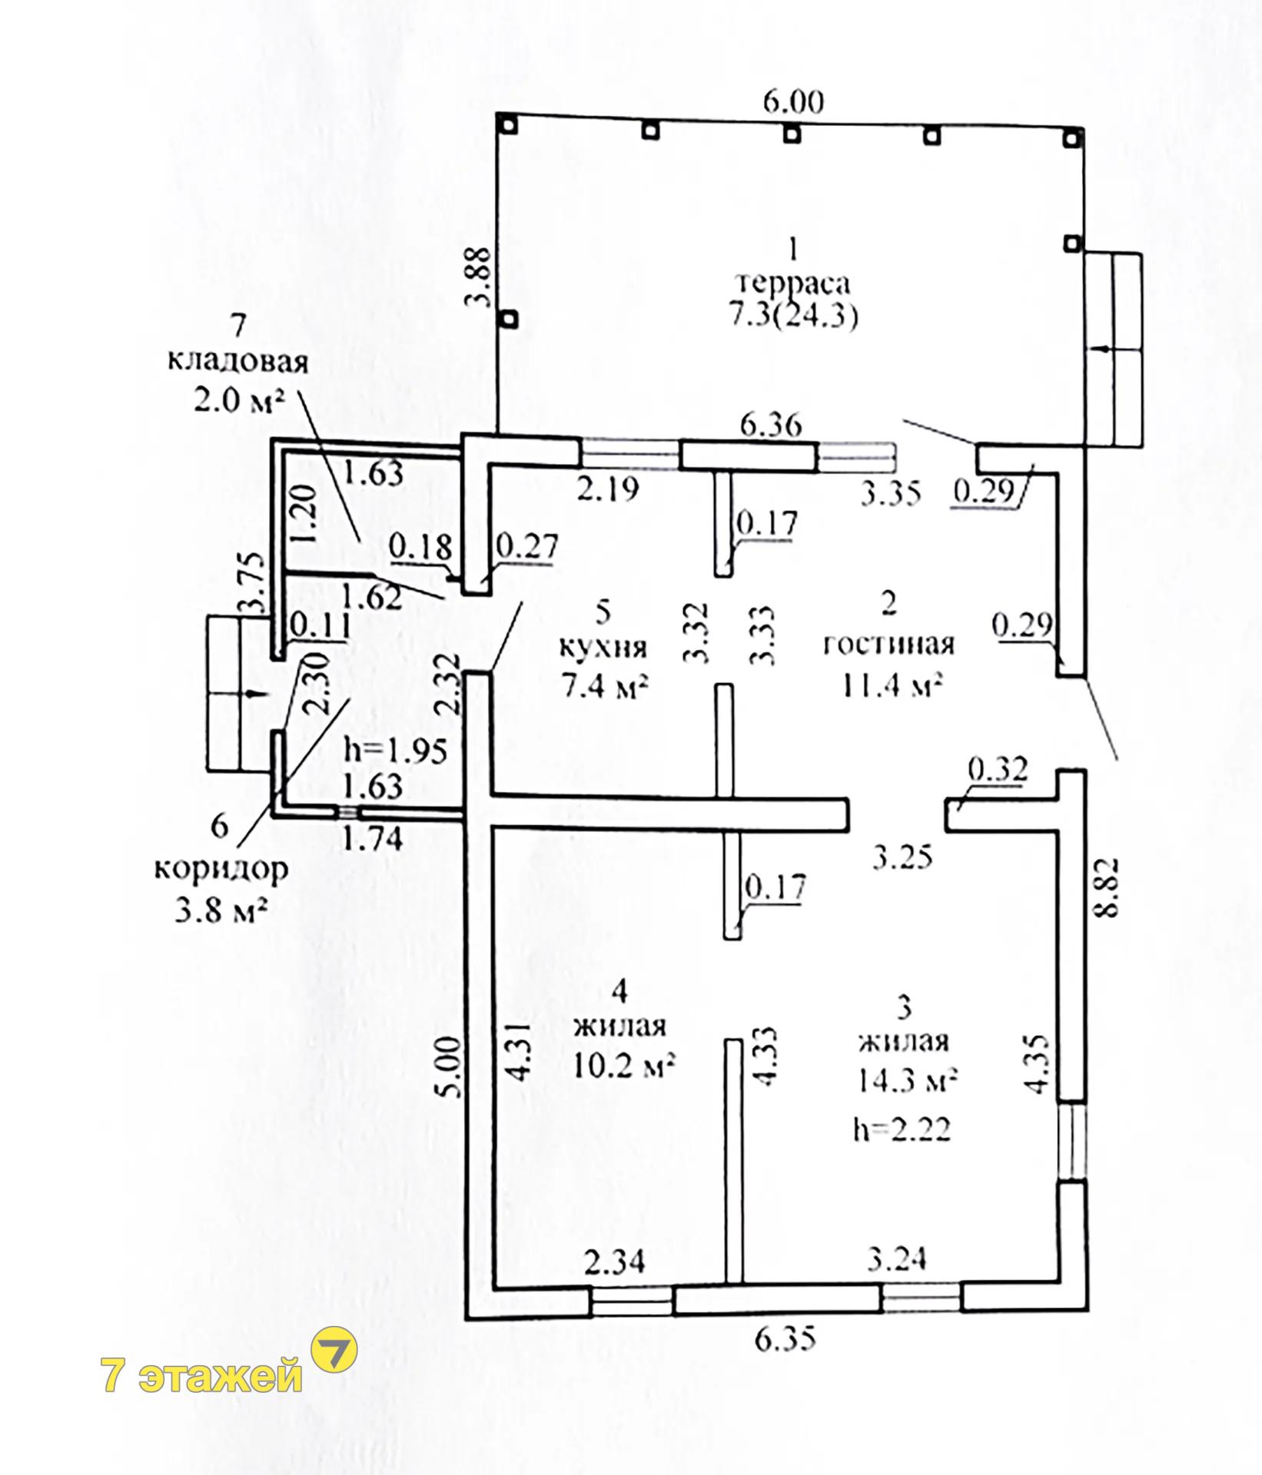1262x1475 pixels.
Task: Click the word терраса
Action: click(x=794, y=284)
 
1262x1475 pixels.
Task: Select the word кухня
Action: click(x=603, y=647)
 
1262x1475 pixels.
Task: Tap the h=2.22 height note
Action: click(x=902, y=1129)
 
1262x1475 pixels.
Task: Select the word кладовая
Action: click(x=237, y=361)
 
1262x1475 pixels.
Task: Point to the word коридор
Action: click(x=221, y=870)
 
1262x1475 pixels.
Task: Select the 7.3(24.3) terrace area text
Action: click(x=794, y=317)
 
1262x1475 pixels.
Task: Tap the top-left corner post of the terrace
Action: click(x=506, y=123)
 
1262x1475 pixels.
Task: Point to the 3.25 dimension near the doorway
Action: click(x=902, y=854)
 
